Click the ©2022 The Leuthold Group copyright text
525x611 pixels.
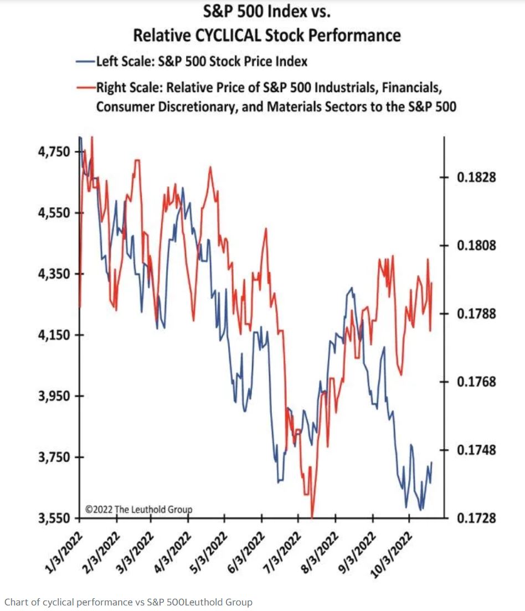click(138, 509)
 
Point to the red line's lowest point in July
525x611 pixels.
click(312, 517)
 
